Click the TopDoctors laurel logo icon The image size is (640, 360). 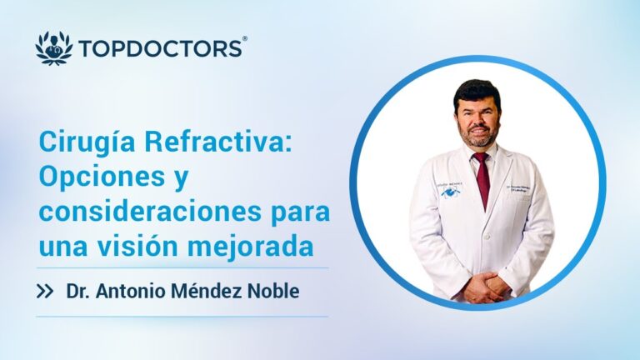point(54,47)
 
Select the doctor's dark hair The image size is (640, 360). point(477,90)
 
